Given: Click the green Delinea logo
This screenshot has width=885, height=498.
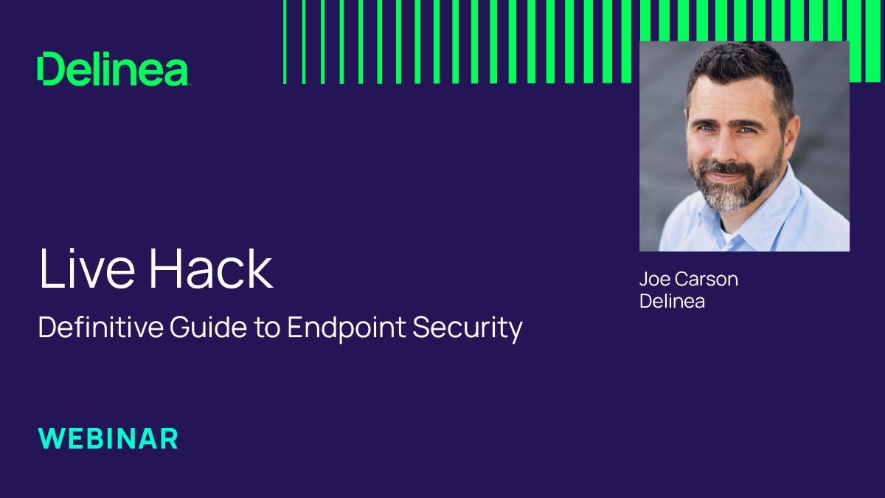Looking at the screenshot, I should click(x=114, y=69).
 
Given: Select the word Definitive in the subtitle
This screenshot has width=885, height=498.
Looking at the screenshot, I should click(x=100, y=328).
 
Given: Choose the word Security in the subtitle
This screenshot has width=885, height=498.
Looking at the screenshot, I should click(x=468, y=328).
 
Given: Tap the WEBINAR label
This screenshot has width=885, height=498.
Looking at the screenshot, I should click(x=108, y=438).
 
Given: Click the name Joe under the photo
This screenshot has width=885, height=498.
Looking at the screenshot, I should click(x=654, y=280).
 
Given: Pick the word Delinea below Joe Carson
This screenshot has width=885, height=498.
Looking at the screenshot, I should click(x=672, y=301).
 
